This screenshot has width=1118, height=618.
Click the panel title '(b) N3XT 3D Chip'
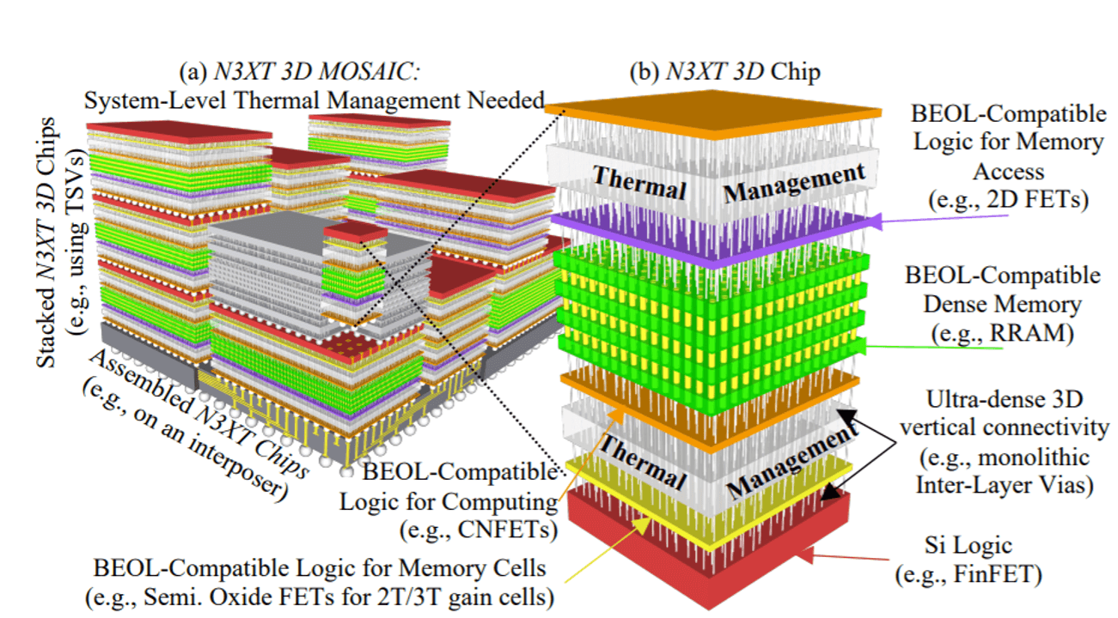725,72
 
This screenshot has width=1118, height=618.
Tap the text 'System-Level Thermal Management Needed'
315,101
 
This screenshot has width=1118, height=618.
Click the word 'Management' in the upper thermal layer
795,183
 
